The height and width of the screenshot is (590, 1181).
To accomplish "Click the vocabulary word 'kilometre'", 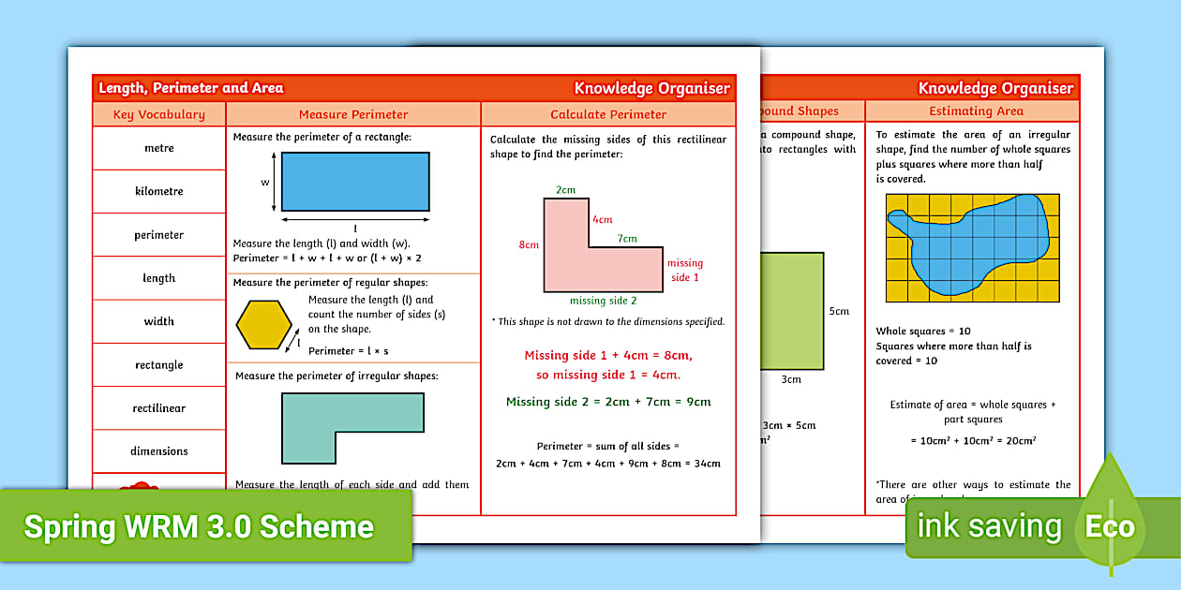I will (159, 191).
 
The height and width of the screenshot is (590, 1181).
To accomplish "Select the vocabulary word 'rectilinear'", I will (159, 408).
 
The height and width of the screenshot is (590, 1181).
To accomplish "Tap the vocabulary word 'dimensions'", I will (159, 451).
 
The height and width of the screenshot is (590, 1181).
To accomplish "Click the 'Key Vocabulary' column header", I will (159, 114).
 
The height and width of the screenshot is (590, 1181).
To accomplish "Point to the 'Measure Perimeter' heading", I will (353, 114).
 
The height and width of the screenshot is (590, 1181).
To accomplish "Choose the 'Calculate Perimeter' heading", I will (608, 114).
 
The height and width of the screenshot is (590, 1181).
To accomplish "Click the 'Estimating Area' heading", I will (976, 111).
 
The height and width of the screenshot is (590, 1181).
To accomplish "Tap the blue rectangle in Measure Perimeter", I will (355, 182).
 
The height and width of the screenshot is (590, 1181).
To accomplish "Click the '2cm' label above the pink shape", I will (565, 190).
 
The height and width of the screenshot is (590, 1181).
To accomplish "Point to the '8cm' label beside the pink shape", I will (529, 245).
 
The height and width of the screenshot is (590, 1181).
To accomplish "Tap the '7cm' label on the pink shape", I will (626, 239).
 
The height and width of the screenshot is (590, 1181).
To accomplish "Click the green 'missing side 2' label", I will (603, 301).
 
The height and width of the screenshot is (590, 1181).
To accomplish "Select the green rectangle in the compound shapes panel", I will (792, 310).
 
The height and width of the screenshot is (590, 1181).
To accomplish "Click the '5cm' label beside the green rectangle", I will (839, 311).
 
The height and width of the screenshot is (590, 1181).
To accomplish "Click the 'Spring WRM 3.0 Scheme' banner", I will (199, 526).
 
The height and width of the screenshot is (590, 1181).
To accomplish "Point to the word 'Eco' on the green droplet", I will (1110, 526).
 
